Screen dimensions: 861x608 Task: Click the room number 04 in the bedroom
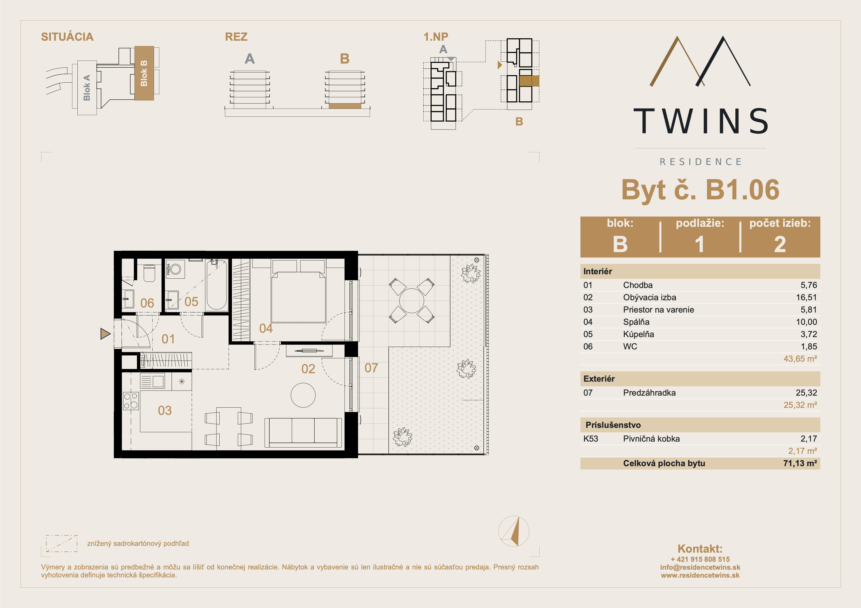(x=266, y=328)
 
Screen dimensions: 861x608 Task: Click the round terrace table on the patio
(x=412, y=301)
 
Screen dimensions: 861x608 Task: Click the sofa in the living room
(x=303, y=433)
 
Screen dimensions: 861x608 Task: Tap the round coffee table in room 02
(x=303, y=395)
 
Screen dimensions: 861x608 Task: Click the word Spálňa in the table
(x=636, y=322)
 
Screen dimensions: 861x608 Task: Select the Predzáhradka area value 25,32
(x=806, y=392)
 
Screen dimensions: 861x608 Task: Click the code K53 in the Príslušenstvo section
(x=591, y=439)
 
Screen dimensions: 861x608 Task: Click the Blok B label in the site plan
(x=144, y=73)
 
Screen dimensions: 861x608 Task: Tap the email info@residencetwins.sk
(x=700, y=567)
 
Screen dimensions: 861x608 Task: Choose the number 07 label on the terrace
(x=371, y=368)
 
